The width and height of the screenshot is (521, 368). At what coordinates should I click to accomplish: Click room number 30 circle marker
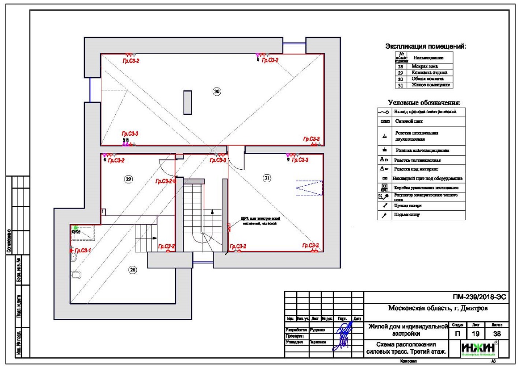pyautogui.click(x=217, y=91)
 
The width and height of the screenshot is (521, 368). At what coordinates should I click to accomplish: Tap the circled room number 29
pyautogui.click(x=128, y=179)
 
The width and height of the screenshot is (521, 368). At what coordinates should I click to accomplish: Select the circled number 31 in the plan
pyautogui.click(x=267, y=178)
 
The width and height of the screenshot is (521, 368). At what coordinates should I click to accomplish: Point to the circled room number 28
pyautogui.click(x=133, y=269)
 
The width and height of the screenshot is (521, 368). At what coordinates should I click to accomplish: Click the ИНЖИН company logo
pyautogui.click(x=478, y=348)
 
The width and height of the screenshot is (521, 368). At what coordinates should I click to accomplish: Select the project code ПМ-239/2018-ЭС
pyautogui.click(x=478, y=297)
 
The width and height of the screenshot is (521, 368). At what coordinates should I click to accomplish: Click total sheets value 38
pyautogui.click(x=497, y=334)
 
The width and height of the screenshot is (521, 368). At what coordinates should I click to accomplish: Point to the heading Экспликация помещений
pyautogui.click(x=425, y=46)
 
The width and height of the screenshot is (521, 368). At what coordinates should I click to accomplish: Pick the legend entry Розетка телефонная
pyautogui.click(x=412, y=160)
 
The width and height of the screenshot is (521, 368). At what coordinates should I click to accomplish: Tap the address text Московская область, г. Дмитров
pyautogui.click(x=436, y=309)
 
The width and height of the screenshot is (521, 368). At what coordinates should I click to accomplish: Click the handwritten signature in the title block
pyautogui.click(x=344, y=336)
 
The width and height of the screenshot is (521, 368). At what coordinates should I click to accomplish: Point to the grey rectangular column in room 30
pyautogui.click(x=188, y=103)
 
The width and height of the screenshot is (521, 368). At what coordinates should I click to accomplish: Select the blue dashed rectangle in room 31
pyautogui.click(x=309, y=188)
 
